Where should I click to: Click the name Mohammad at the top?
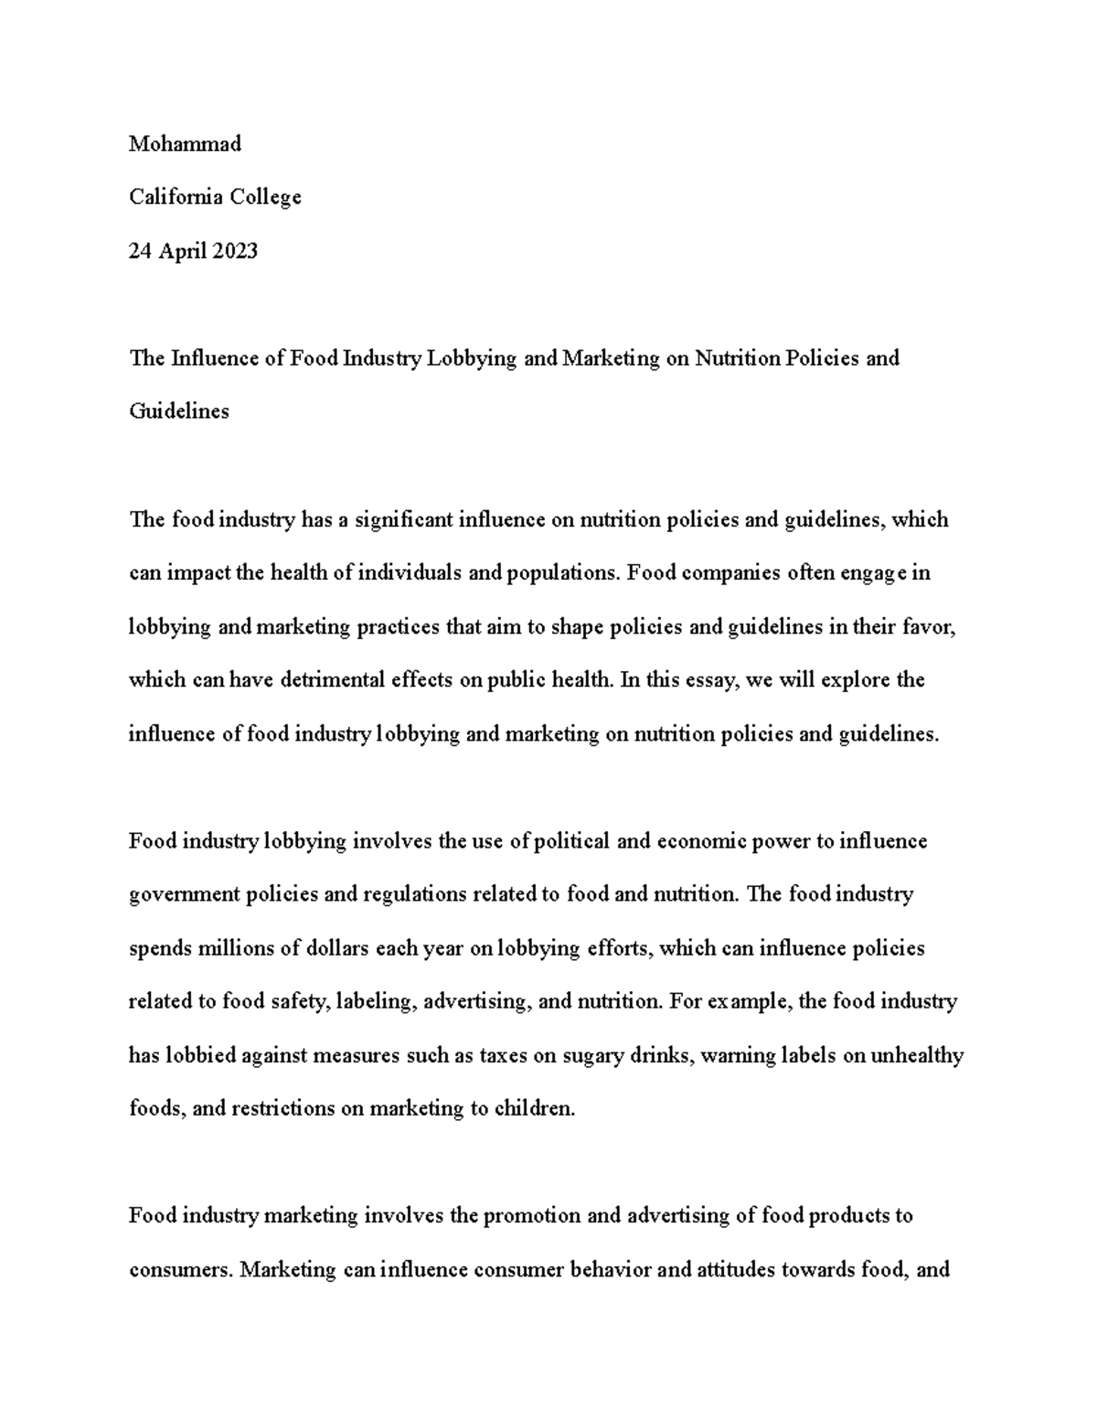[x=185, y=144]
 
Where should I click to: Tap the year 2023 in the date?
[x=235, y=251]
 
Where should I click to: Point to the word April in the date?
[x=184, y=251]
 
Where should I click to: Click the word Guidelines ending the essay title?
[x=179, y=411]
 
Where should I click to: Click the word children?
[x=535, y=1108]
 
